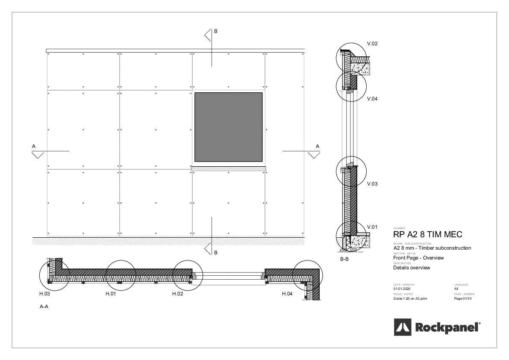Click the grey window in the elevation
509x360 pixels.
(228, 127)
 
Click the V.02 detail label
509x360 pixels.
(372, 44)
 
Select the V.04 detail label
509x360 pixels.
(372, 98)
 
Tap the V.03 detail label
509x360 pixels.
(372, 184)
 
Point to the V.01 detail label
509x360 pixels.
(372, 227)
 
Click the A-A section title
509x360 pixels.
(44, 307)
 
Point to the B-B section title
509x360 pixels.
(344, 259)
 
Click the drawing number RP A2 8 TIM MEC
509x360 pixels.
(427, 235)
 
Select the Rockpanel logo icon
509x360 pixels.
(402, 328)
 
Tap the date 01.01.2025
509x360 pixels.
(402, 289)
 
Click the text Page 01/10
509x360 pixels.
(463, 298)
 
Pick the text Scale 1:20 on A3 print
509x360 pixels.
(410, 298)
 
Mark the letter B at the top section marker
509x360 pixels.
(215, 31)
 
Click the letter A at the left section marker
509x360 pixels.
(34, 146)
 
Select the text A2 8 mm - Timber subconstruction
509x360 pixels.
(432, 248)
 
